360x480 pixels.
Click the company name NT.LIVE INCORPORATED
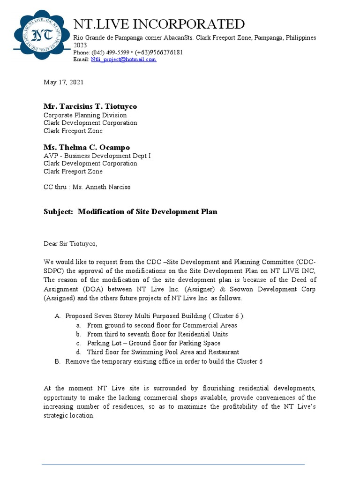159,24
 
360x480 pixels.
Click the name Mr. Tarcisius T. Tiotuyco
90,106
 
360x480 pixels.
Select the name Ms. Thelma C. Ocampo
87,147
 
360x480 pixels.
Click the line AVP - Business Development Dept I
97,156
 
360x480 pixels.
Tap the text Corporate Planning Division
85,115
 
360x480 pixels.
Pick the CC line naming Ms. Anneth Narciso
87,187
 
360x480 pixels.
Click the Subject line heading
130,211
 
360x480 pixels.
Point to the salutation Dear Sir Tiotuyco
70,244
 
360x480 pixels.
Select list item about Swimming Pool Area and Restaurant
163,352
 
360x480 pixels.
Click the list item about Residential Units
157,334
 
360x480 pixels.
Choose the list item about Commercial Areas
162,325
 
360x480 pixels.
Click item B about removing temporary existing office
164,361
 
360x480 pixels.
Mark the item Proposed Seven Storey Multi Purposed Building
154,316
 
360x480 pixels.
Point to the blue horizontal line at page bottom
173,465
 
